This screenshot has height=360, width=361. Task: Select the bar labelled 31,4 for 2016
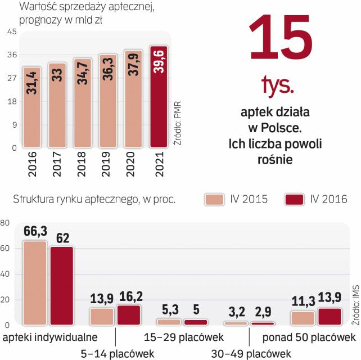click(31, 107)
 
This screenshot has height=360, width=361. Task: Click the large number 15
click(279, 42)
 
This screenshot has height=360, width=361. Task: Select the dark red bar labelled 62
click(61, 286)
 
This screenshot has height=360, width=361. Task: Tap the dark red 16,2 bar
click(129, 315)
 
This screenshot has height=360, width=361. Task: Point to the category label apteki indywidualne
click(50, 337)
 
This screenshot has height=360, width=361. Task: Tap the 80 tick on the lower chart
click(6, 223)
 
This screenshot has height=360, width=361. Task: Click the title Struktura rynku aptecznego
click(76, 199)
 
